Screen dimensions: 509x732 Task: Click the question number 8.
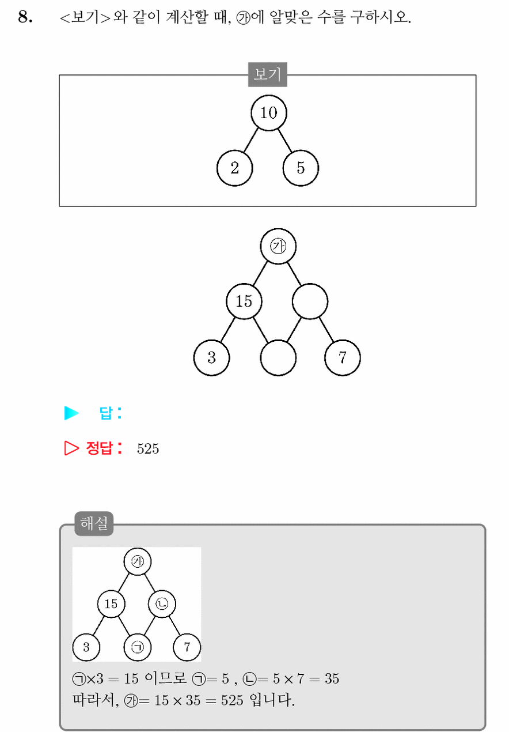25,17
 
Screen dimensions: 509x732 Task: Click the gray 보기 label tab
267,74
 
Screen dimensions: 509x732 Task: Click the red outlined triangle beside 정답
71,448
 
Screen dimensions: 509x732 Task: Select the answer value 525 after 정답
148,448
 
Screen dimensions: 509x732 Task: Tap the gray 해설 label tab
94,523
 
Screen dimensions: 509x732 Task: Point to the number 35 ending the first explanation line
332,679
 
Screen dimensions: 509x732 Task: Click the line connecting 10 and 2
250,140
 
